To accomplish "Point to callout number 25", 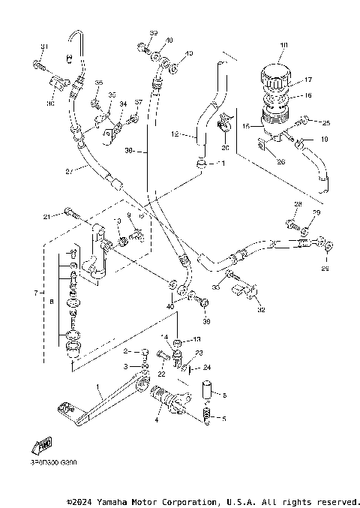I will pyautogui.click(x=325, y=122).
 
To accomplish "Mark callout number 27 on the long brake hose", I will pyautogui.click(x=69, y=171).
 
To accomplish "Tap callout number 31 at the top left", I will pyautogui.click(x=43, y=47).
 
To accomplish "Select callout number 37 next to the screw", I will pyautogui.click(x=139, y=102).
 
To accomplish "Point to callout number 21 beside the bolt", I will pyautogui.click(x=46, y=218).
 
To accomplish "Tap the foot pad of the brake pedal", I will pyautogui.click(x=63, y=409).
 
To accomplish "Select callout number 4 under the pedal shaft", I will pyautogui.click(x=157, y=421).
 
